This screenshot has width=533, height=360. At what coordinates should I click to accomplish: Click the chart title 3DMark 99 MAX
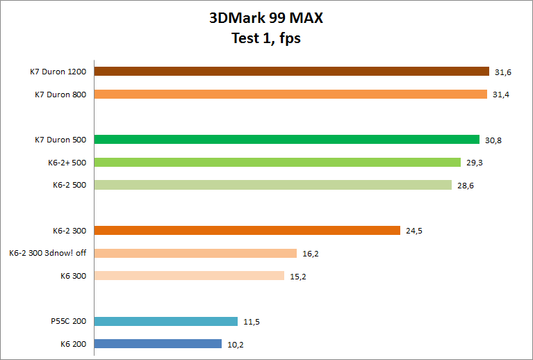(x=266, y=19)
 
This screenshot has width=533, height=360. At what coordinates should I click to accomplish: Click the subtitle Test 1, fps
(x=266, y=38)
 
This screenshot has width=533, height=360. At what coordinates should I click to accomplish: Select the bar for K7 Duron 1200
(x=291, y=71)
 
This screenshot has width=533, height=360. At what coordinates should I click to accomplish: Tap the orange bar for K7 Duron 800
(x=290, y=94)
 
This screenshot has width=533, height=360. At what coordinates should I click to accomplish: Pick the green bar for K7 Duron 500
(x=286, y=139)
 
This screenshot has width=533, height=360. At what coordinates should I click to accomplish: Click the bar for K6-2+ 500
(x=277, y=162)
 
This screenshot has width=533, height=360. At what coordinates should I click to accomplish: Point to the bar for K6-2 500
(x=272, y=185)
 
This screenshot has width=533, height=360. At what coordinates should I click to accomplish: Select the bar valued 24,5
(x=247, y=230)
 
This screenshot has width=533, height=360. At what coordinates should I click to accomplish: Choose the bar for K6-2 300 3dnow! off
(x=195, y=253)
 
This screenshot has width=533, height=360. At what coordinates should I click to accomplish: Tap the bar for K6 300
(x=189, y=275)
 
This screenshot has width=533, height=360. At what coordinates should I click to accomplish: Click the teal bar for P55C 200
(x=165, y=321)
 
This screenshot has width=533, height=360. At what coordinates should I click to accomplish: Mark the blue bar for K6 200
(x=158, y=343)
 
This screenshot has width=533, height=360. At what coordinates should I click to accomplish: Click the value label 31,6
(x=502, y=72)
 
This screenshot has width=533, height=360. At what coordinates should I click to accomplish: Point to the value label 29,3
(x=475, y=163)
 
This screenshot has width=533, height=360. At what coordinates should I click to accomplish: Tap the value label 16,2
(x=311, y=254)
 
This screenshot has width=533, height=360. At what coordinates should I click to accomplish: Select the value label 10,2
(x=236, y=344)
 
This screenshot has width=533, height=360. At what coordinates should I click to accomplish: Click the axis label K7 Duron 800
(x=60, y=94)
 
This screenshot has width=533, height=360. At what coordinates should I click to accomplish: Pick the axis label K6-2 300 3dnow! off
(x=48, y=253)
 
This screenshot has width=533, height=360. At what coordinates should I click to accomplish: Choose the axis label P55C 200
(x=68, y=321)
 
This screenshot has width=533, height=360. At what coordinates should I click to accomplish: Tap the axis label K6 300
(x=74, y=275)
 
